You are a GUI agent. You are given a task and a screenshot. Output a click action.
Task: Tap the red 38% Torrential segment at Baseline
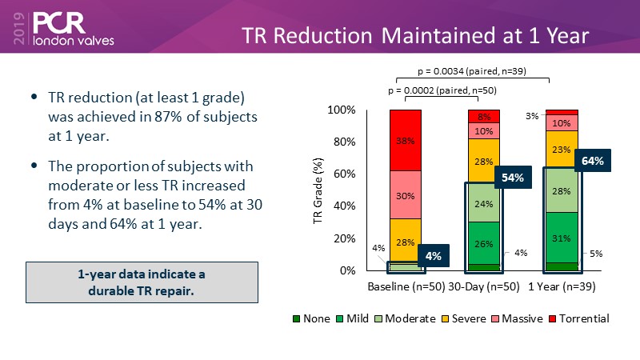(x=406, y=140)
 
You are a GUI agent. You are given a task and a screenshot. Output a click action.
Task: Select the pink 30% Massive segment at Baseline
(x=406, y=194)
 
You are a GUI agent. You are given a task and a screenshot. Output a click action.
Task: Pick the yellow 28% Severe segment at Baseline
(x=406, y=241)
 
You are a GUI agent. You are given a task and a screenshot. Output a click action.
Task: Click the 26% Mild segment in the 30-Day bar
(x=483, y=243)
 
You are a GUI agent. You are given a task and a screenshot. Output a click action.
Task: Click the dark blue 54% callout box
(x=513, y=178)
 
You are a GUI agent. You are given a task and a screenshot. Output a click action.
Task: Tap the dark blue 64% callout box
(x=593, y=160)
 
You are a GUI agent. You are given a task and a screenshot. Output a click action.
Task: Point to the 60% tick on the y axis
(x=344, y=174)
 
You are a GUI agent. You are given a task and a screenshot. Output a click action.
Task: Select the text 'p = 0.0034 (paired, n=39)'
(x=472, y=70)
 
